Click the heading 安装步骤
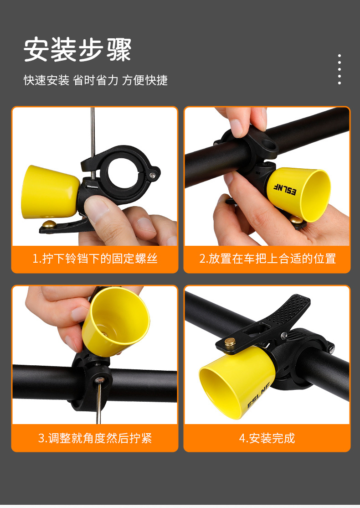[x=77, y=50]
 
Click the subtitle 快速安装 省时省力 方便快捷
[x=96, y=80]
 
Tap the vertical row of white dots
[x=339, y=69]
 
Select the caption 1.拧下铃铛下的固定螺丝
[x=95, y=259]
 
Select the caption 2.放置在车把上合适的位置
[x=267, y=259]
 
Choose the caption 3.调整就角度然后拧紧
[x=95, y=438]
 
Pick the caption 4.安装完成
[x=267, y=438]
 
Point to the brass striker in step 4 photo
[x=230, y=342]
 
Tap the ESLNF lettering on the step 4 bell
[x=258, y=396]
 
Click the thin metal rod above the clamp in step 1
[x=93, y=132]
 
